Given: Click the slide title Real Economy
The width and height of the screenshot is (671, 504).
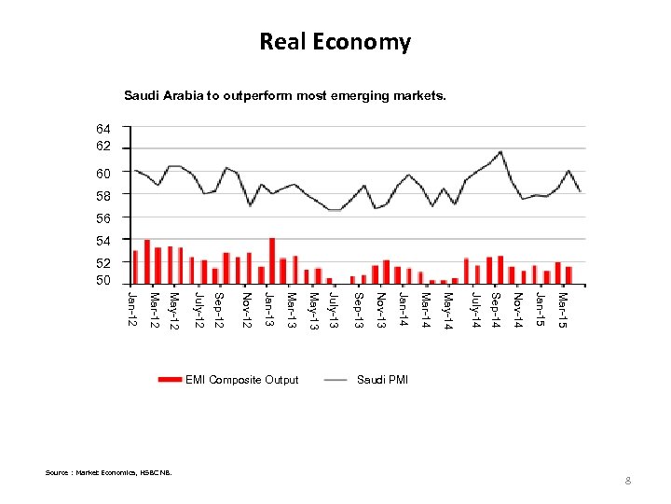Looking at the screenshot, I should coord(335,42).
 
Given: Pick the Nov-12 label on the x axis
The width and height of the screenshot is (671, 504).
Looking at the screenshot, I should coord(247,310).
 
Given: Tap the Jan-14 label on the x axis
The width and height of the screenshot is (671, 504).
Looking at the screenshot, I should coord(403,310).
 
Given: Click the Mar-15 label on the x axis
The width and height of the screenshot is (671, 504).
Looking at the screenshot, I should coord(564,310).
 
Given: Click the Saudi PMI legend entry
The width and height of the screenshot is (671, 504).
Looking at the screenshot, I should coord(382,380).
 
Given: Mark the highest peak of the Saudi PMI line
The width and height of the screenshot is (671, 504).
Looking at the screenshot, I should coord(501,151).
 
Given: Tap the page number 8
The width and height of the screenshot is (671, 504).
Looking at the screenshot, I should coord(628,481).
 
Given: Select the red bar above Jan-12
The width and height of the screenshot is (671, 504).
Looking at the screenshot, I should coord(135,267).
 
